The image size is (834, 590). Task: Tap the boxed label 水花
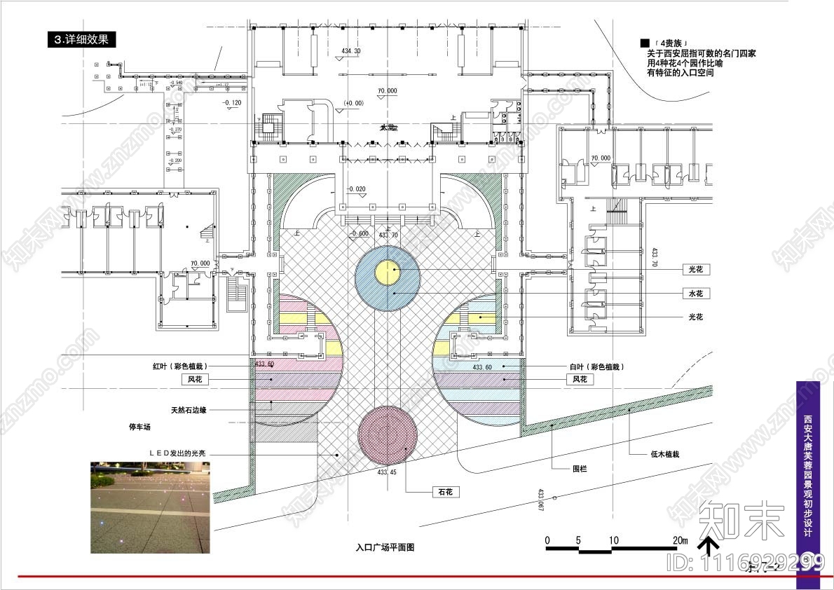pos(697,294)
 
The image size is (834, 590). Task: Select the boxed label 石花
pos(444,492)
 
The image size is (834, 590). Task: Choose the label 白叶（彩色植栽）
pos(596,366)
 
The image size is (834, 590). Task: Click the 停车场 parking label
pos(139,426)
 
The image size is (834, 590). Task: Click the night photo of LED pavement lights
pos(150,507)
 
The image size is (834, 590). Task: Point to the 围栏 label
pos(579,468)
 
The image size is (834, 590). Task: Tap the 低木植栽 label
pos(665,454)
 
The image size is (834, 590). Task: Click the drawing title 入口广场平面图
pos(385,547)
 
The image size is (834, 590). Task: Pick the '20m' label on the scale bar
pos(680,540)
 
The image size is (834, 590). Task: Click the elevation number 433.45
pos(388,472)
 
